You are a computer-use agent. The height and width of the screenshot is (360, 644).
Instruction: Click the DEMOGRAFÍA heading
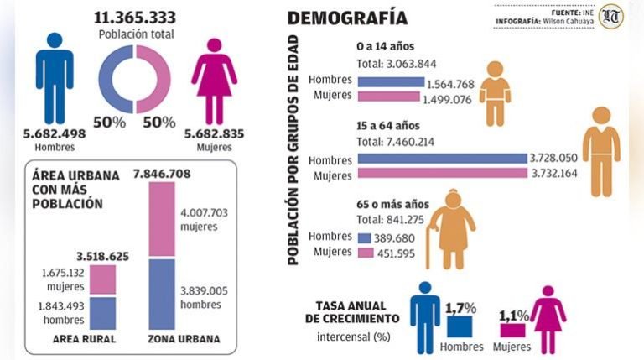347,18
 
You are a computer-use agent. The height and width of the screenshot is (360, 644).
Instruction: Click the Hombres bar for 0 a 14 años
391,82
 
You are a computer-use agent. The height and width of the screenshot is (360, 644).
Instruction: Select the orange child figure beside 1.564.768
495,92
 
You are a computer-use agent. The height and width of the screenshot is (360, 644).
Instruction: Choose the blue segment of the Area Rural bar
102,313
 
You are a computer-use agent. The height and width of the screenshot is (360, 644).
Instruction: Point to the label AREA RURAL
84,340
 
